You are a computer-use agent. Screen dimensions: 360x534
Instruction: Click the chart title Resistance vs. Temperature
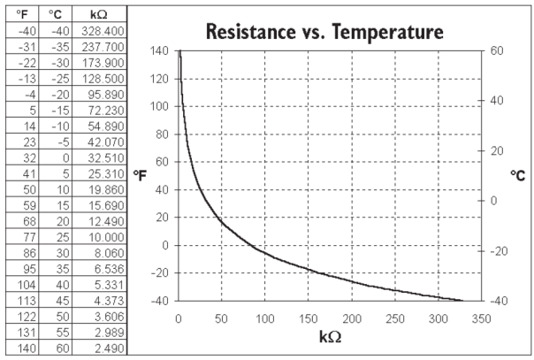pyautogui.click(x=324, y=34)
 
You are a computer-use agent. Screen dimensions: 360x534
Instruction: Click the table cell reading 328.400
pyautogui.click(x=102, y=30)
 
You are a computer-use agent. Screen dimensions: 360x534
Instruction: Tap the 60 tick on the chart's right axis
pyautogui.click(x=495, y=51)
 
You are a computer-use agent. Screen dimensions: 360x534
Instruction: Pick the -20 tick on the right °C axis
pyautogui.click(x=498, y=250)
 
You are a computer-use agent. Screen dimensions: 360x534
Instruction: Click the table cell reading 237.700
pyautogui.click(x=102, y=46)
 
